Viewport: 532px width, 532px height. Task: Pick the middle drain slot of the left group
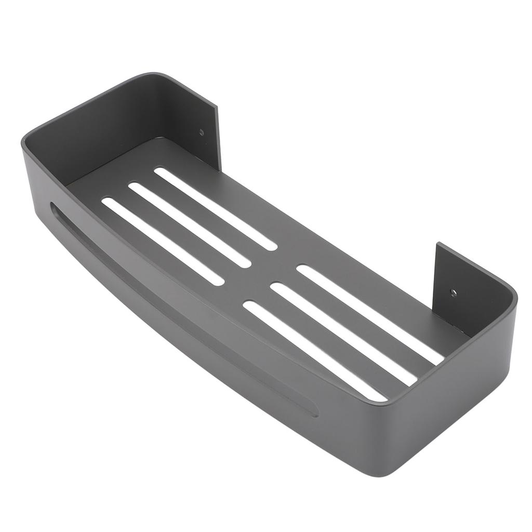click(x=190, y=225)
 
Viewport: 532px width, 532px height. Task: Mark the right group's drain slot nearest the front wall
click(x=315, y=351)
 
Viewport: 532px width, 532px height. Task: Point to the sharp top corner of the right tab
click(x=438, y=243)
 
